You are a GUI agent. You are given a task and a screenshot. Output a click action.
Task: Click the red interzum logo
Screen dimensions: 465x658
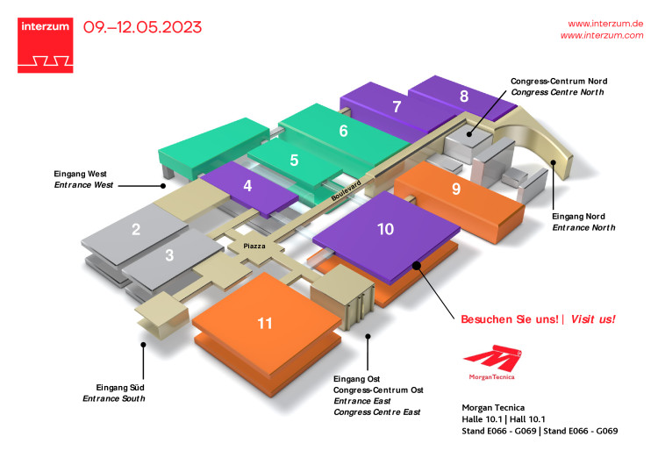tap(45, 44)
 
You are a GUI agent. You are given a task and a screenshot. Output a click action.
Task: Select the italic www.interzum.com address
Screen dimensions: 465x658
tap(602, 35)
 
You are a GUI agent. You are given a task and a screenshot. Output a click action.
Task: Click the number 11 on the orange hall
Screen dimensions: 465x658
tap(265, 324)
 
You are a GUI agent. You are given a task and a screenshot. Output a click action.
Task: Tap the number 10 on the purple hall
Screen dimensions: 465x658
tap(385, 229)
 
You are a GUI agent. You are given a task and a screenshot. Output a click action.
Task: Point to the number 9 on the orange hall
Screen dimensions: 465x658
tap(455, 189)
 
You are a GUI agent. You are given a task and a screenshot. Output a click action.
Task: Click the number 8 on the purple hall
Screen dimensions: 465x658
tap(463, 97)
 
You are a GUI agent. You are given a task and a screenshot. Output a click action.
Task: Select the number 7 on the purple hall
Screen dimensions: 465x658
tap(397, 108)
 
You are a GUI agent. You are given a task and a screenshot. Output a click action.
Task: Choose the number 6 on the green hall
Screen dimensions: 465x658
tap(343, 132)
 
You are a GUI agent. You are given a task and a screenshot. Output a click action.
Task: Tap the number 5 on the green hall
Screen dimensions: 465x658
tap(294, 161)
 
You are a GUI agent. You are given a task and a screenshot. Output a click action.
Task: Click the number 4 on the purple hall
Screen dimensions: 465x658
tap(248, 186)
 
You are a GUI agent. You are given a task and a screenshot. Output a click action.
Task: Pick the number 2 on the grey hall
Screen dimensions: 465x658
tap(136, 231)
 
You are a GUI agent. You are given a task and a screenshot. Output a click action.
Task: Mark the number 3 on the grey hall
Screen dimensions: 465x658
tap(169, 255)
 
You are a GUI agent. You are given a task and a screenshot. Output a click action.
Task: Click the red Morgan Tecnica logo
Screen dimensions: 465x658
tap(491, 362)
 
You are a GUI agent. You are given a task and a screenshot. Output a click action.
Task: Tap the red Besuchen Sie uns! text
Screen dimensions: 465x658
tap(510, 319)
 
